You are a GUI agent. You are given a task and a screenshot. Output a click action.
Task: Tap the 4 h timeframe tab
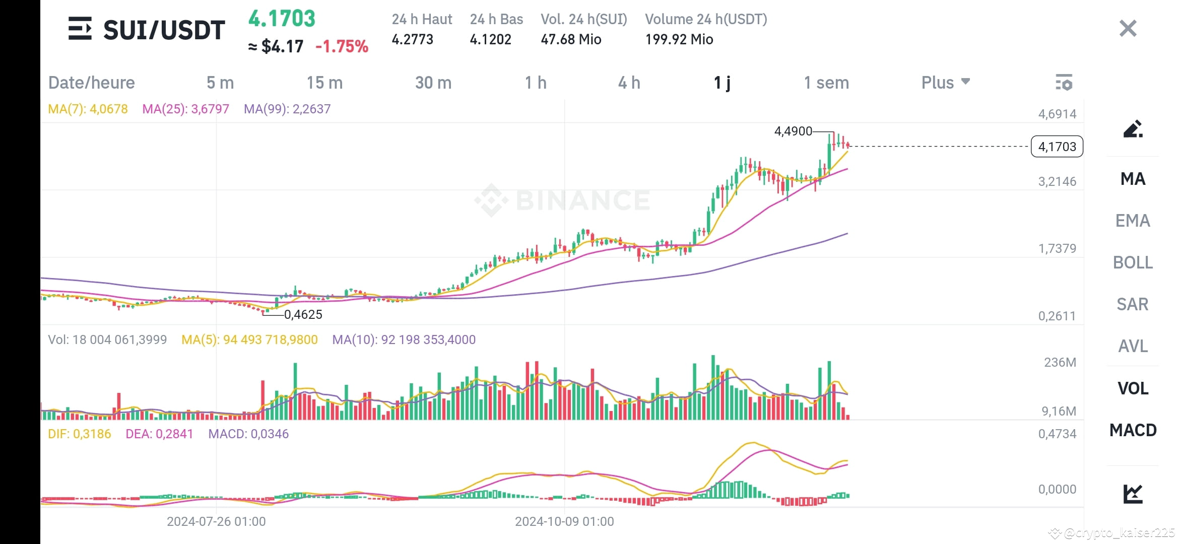(629, 83)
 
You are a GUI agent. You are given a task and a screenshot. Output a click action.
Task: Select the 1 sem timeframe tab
(826, 83)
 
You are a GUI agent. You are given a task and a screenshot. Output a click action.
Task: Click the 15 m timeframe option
(324, 83)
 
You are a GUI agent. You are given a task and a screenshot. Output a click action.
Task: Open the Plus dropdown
(945, 83)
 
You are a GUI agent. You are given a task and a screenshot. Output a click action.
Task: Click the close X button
(1128, 29)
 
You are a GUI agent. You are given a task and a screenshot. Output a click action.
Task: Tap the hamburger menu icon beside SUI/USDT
(80, 29)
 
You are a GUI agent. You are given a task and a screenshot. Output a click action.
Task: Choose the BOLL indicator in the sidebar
(1132, 262)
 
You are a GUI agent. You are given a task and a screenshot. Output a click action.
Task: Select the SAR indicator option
(1132, 304)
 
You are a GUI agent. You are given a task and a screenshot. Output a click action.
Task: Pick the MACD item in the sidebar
(1132, 430)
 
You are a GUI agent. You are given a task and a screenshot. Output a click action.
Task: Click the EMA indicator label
(1132, 221)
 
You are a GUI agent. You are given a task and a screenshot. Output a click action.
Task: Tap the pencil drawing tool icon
(1132, 129)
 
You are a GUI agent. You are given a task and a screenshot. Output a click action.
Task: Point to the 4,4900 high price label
(793, 131)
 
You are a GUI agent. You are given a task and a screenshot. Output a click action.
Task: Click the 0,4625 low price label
(303, 315)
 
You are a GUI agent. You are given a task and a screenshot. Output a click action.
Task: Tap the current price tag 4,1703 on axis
(1057, 147)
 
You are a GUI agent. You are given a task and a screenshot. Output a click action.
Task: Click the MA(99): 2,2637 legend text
(287, 109)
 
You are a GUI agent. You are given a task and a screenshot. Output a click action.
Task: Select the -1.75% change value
(342, 47)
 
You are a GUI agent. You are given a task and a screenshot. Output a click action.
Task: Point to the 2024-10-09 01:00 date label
(564, 521)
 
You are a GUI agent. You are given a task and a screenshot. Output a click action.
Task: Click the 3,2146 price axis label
(1057, 181)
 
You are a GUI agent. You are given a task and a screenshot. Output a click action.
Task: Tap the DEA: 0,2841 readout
(159, 434)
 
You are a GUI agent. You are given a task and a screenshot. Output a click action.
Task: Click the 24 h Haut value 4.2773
(412, 39)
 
